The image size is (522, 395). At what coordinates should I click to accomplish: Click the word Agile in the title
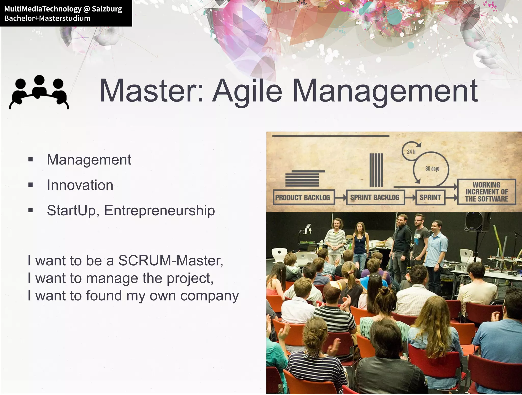click(247, 91)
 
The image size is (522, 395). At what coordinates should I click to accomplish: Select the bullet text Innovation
click(80, 185)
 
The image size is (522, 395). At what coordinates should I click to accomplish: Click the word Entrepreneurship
click(159, 211)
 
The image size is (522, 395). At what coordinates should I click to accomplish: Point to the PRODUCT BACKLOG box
click(303, 197)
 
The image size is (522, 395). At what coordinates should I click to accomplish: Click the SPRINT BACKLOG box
click(375, 197)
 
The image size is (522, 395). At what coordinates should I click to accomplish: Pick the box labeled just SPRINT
click(430, 197)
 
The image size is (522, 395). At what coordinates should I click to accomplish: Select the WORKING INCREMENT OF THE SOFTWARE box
click(486, 192)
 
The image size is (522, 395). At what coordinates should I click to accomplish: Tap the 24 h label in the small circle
click(411, 152)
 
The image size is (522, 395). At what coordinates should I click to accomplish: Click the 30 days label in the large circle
click(432, 169)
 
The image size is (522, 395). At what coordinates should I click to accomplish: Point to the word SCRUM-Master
click(171, 261)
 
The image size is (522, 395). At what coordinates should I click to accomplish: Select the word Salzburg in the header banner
click(107, 9)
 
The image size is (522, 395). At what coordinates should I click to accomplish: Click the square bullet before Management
click(31, 160)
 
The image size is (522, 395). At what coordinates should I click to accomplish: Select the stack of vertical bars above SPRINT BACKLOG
click(376, 170)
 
